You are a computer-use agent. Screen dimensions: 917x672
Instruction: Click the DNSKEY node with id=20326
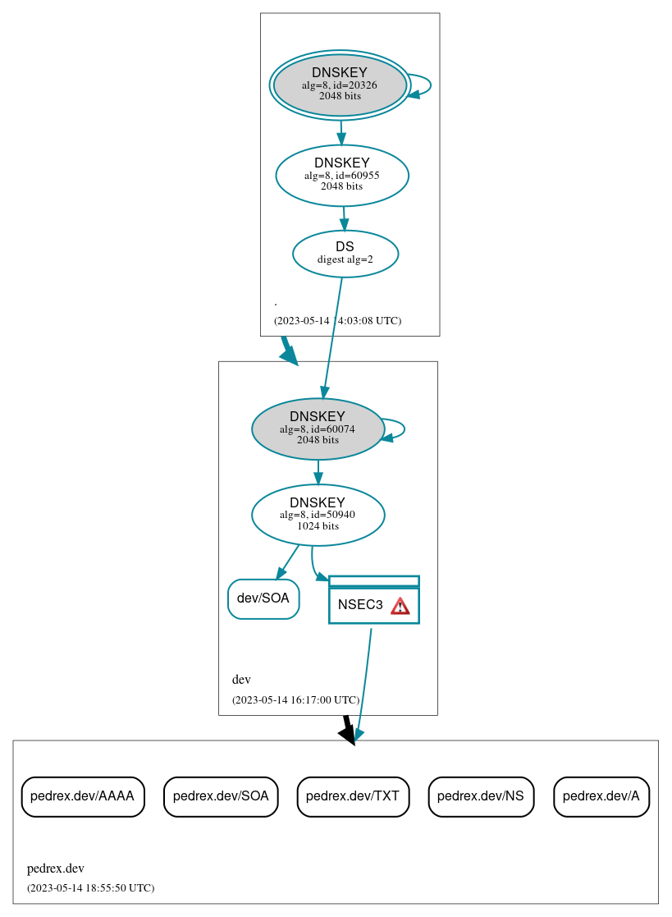[340, 85]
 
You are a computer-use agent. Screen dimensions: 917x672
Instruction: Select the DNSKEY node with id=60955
[341, 175]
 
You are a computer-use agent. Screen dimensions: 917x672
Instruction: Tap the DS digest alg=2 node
[345, 253]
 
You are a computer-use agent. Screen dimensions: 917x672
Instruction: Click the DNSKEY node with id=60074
[318, 429]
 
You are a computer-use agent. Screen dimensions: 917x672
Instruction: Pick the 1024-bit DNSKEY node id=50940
[318, 515]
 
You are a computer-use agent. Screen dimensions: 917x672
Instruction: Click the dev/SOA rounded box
[263, 598]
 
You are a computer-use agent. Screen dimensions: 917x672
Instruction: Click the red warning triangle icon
[400, 606]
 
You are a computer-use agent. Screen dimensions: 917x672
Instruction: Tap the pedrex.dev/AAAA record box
[82, 796]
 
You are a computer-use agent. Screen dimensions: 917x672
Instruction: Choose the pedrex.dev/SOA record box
[221, 796]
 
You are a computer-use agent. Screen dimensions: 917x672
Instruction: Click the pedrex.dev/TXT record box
[352, 796]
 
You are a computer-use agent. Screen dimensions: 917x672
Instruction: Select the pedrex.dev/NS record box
[481, 796]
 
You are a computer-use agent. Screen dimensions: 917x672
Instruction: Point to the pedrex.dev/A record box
[601, 796]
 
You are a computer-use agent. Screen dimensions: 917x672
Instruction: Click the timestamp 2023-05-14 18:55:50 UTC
[90, 887]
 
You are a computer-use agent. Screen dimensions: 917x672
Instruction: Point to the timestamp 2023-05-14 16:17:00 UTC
[295, 699]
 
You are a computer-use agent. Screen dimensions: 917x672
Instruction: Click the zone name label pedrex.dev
[55, 869]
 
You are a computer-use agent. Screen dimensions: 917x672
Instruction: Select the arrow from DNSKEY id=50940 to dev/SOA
[287, 562]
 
